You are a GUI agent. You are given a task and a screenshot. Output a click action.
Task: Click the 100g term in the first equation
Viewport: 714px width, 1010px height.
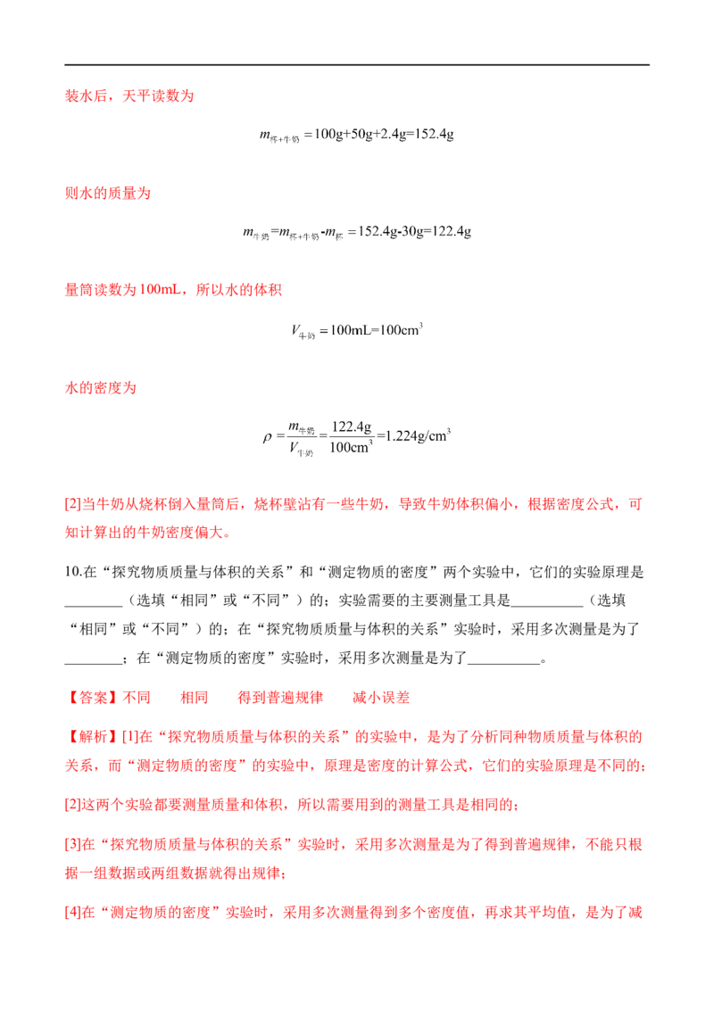(x=328, y=134)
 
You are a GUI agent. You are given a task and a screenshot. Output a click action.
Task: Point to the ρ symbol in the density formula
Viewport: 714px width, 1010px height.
(x=267, y=437)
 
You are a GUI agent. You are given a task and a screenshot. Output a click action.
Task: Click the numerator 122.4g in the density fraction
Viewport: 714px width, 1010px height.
(x=352, y=426)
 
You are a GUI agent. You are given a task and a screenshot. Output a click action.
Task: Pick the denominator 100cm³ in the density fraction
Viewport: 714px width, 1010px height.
(x=352, y=447)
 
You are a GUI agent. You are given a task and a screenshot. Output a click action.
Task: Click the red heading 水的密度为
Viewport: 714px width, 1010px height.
(x=101, y=388)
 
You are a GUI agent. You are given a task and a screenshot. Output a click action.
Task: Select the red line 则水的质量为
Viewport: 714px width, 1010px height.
(x=108, y=193)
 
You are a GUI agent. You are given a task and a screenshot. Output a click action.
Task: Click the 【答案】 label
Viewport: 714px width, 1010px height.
(x=94, y=698)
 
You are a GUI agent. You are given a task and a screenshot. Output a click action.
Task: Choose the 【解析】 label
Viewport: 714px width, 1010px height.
(x=94, y=736)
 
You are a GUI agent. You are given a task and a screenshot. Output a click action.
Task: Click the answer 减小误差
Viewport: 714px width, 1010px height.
(x=381, y=698)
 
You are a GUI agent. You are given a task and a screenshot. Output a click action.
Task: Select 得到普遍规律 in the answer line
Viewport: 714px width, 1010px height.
(x=280, y=698)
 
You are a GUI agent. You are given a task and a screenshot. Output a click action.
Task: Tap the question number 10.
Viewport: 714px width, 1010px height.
(x=73, y=572)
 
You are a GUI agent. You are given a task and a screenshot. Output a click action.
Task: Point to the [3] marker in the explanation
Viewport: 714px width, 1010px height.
(x=73, y=844)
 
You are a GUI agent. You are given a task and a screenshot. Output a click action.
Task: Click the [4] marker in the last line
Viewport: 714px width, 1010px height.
(x=73, y=912)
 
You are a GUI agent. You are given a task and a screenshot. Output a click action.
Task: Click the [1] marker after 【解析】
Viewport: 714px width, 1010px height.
(x=131, y=736)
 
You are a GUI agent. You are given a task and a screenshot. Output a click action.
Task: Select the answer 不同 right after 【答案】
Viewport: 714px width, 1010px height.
(x=137, y=698)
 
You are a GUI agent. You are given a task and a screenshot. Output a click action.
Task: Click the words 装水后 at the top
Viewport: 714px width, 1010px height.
(x=86, y=96)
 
